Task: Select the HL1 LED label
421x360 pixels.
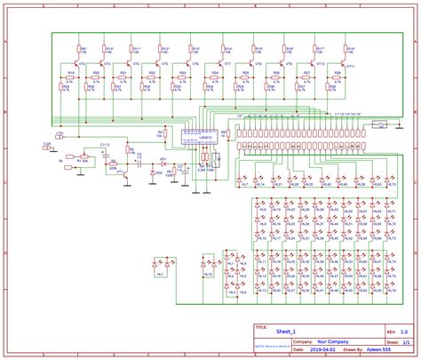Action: coord(161,276)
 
